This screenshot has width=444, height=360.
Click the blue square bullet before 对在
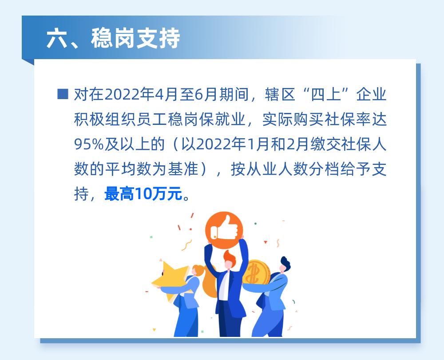pos(63,94)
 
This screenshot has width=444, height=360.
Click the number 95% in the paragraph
pos(89,144)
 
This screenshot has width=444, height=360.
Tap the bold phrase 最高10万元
pos(143,194)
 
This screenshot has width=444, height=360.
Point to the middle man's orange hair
pos(229,257)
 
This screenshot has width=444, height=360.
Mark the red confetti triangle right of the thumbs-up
pos(265,242)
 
